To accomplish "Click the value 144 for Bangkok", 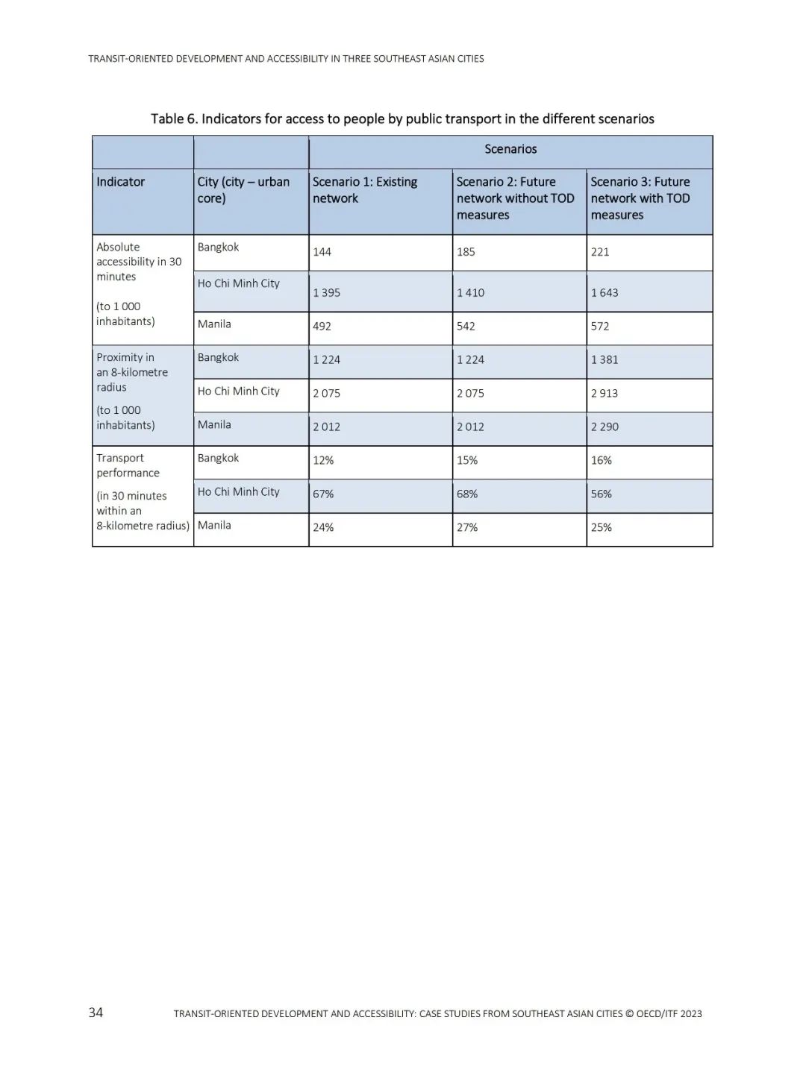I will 322,252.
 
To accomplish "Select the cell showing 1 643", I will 604,293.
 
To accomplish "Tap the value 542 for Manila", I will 466,327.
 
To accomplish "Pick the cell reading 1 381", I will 604,360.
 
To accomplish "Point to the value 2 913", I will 604,394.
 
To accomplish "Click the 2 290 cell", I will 604,427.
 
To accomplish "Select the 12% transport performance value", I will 323,461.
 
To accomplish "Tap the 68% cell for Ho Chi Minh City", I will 467,494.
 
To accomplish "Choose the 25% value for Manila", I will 602,528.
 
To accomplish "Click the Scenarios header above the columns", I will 510,149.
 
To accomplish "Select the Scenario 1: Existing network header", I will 365,190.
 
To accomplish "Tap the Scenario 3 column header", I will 640,198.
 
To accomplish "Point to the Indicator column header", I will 121,182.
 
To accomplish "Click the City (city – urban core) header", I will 243,190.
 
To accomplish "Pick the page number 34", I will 96,1013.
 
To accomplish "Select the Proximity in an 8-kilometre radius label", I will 132,372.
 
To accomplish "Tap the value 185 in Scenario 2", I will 466,252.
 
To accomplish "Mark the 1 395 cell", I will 327,293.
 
